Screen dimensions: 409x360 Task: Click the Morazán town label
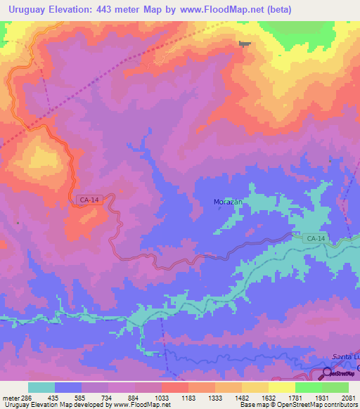(228, 202)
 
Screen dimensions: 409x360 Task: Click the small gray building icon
(243, 44)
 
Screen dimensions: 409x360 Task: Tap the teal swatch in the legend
(41, 387)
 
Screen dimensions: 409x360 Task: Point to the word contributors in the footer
(340, 405)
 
